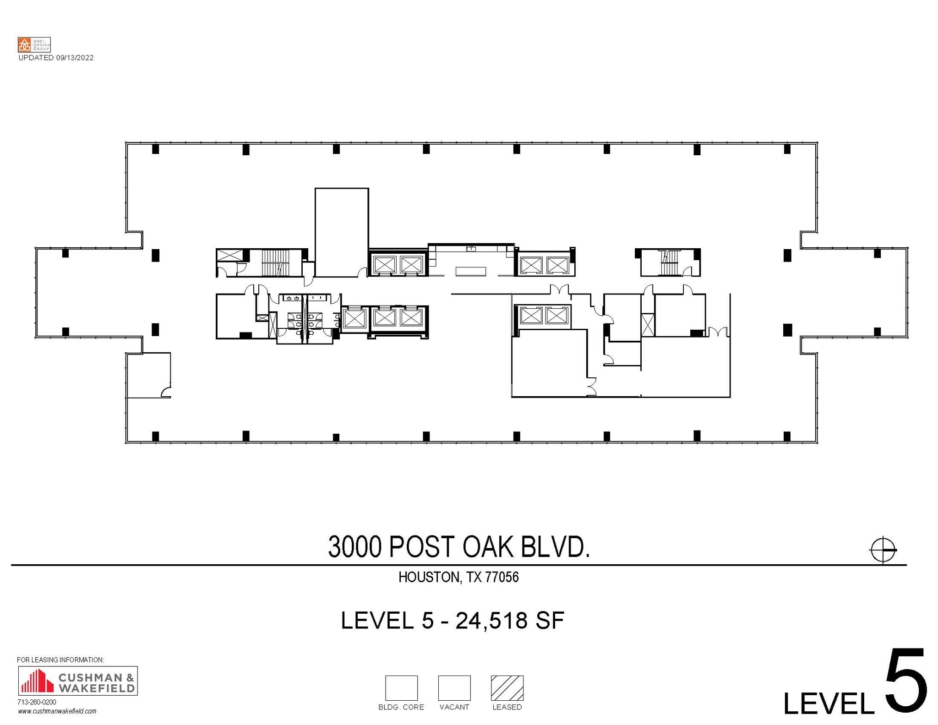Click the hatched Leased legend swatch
[507, 688]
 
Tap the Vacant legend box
[454, 688]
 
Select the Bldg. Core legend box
[401, 688]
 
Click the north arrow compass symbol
[883, 549]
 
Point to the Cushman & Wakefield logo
[77, 681]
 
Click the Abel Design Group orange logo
[24, 44]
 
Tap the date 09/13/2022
[75, 58]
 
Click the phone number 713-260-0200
[37, 702]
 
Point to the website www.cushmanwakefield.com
[57, 711]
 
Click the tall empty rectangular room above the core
[342, 232]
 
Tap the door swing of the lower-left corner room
[166, 392]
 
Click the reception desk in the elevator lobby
[470, 272]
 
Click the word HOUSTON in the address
[428, 577]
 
